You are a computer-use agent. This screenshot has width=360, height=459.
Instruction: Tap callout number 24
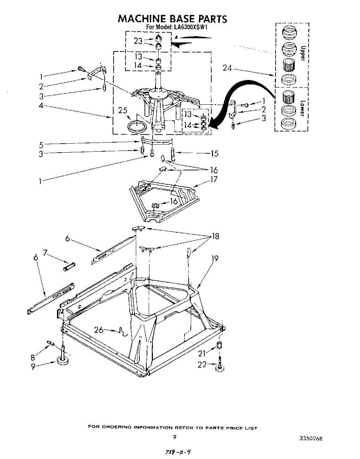coord(227,68)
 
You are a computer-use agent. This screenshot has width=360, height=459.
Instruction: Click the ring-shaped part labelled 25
coord(137,126)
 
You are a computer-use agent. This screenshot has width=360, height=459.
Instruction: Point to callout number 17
coord(214,179)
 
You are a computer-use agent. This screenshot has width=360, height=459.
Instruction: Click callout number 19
coord(215,258)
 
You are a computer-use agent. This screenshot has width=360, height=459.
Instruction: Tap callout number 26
coord(99,329)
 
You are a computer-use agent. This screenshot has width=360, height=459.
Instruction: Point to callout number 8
coord(33,357)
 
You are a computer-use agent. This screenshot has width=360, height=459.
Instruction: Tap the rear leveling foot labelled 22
coord(219,366)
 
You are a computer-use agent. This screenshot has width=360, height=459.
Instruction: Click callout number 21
coord(203,354)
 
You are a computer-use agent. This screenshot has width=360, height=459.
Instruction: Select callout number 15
coord(214,153)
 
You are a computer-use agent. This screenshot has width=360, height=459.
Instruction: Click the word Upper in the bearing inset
coord(302,53)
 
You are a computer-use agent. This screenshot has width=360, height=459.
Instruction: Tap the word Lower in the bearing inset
coord(302,108)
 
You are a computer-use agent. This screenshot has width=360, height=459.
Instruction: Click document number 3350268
coord(311,438)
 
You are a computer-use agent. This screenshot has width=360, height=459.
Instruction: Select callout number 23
coord(138,41)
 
